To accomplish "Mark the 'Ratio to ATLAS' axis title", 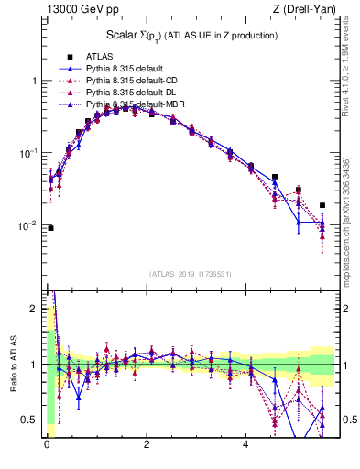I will [x=12, y=365].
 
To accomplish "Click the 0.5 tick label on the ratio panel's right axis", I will [x=350, y=420].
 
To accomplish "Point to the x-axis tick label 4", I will [x=245, y=446].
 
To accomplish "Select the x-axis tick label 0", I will [x=46, y=446].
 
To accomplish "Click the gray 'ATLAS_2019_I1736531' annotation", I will [x=191, y=274].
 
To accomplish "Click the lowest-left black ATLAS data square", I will [x=50, y=228].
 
